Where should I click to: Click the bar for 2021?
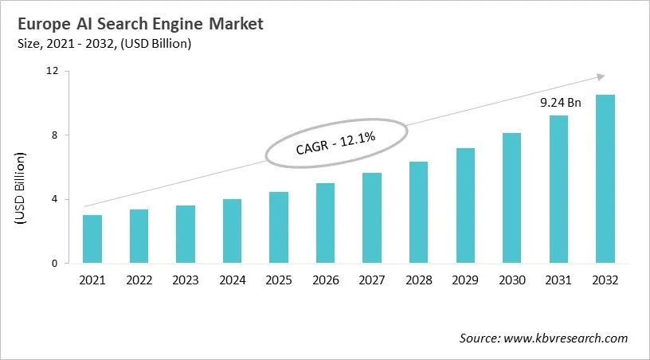92,239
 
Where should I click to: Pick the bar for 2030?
511,198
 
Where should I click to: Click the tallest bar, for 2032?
605,179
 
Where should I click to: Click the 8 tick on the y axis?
57,135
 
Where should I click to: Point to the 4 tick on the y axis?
57,199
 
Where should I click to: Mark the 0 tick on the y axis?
57,264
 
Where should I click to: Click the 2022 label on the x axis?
139,280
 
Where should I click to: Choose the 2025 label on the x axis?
279,280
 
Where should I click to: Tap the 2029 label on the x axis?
465,280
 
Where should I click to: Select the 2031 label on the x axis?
558,280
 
